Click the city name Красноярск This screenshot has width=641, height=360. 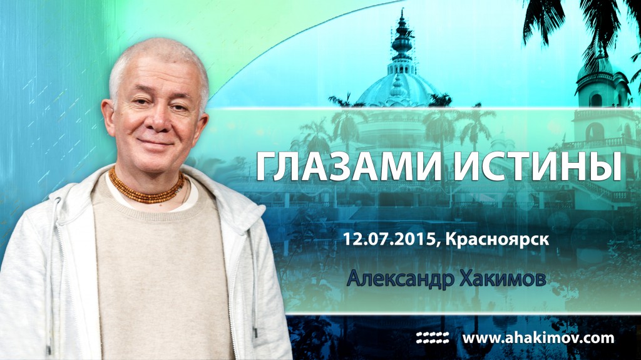493,239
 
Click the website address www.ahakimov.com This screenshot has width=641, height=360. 538,338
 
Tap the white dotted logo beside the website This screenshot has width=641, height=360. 433,338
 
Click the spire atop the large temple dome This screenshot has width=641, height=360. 401,38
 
